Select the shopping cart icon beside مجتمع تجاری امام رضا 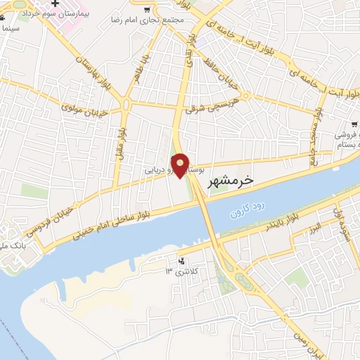point(147,10)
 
